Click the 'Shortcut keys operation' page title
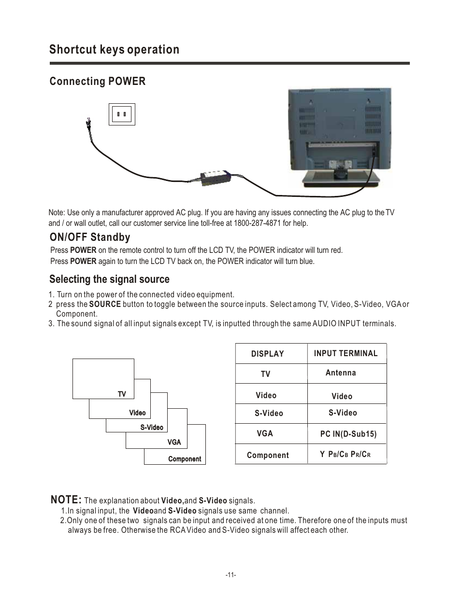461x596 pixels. pos(114,50)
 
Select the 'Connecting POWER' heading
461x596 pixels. pos(97,81)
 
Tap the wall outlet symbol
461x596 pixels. pos(122,114)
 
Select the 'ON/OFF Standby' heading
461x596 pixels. pos(90,237)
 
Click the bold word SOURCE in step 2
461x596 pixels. pos(105,304)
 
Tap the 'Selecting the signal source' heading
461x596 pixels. pos(109,279)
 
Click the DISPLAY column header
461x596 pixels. pos(267,354)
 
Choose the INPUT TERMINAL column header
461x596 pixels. pos(346,353)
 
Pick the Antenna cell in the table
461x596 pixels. pos(341,373)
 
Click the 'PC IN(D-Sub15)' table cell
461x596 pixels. pos(348,434)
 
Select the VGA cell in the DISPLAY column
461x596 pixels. pos(265,433)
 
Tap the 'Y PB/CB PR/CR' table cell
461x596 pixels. pos(345,454)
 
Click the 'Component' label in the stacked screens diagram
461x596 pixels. pos(185,459)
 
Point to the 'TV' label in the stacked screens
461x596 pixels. pos(122,394)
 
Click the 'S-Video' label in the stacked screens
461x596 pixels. pos(152,428)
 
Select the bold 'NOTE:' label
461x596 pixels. pos(66,499)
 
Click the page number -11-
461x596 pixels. pos(230,575)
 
